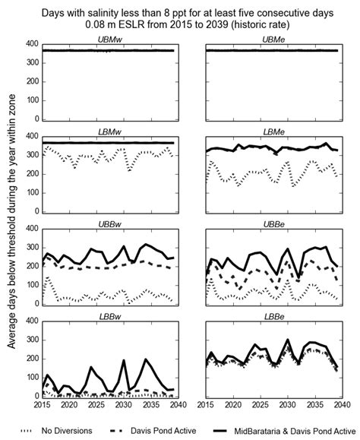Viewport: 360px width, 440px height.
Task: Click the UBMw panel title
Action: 111,38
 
